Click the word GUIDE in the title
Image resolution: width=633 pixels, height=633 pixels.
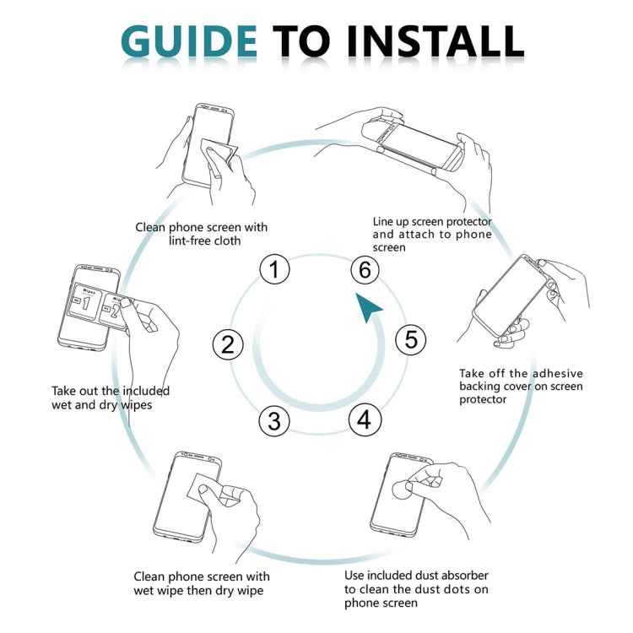pos(189,40)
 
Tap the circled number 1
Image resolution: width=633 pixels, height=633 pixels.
pos(274,270)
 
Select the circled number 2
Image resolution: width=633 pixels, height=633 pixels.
pos(227,344)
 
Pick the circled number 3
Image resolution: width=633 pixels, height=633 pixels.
pos(273,419)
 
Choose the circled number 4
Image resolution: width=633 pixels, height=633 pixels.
pos(364,419)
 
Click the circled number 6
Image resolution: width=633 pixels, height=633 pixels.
pos(365,270)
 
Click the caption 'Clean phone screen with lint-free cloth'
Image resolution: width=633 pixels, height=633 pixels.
pos(201,234)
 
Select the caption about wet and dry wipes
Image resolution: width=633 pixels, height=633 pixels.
pos(111,398)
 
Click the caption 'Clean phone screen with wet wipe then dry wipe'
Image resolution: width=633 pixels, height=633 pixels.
pos(202,583)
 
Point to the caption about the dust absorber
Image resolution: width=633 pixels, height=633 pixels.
pos(416,589)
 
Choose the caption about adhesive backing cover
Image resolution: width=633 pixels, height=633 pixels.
pos(521,386)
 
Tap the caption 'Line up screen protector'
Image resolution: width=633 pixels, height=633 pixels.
pos(432,235)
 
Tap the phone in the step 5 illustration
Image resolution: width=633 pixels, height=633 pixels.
pos(511,295)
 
